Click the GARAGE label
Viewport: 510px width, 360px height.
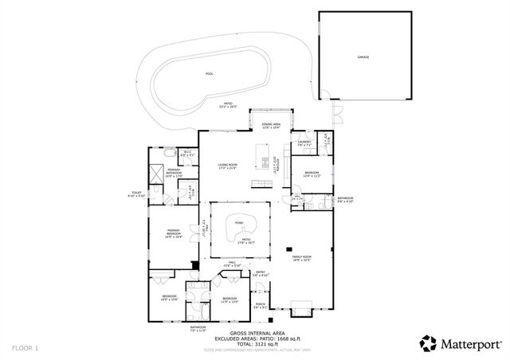(x=363, y=57)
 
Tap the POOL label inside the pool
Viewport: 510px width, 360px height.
(x=210, y=73)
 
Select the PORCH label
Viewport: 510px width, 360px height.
(x=260, y=304)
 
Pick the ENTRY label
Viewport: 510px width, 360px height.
(x=260, y=273)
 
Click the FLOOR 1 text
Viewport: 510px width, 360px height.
(x=25, y=348)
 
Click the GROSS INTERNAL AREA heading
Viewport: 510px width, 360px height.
(x=256, y=332)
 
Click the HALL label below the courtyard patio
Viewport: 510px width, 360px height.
(x=233, y=264)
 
